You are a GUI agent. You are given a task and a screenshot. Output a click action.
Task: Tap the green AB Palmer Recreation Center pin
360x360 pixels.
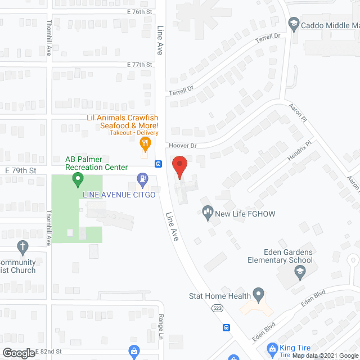click(x=78, y=181)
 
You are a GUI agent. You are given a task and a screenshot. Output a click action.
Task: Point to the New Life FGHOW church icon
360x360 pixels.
click(x=208, y=211)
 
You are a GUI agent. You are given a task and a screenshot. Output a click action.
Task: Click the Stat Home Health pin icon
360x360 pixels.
click(x=258, y=294)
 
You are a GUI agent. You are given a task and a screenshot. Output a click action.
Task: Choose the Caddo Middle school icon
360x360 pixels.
click(x=293, y=24)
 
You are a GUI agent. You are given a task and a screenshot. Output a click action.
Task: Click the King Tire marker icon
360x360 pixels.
click(x=272, y=349)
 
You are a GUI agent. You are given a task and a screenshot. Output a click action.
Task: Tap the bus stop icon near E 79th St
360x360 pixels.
click(x=159, y=165)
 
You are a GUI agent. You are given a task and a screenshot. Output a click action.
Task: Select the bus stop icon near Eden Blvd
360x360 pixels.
click(x=226, y=327)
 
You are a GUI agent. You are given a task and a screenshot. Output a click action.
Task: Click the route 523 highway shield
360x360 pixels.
click(x=217, y=308)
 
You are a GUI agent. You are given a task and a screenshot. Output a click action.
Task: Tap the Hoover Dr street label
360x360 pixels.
click(x=183, y=146)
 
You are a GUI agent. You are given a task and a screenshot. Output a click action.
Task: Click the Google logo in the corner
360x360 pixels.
click(x=18, y=353)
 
